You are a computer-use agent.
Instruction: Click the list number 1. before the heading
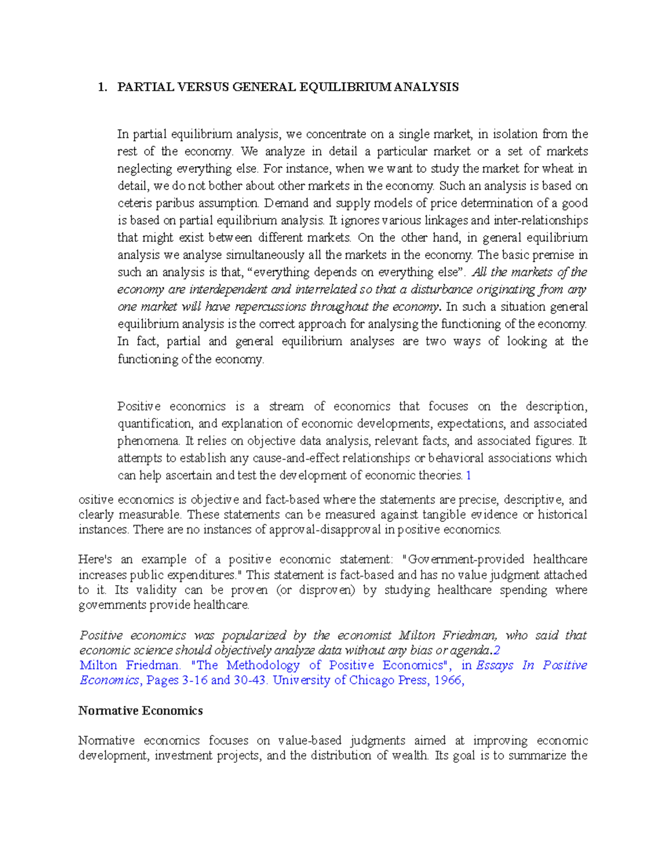pyautogui.click(x=101, y=87)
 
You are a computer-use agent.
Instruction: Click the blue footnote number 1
pyautogui.click(x=469, y=476)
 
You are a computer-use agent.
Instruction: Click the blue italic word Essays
pyautogui.click(x=495, y=666)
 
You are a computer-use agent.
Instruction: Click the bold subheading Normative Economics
pyautogui.click(x=141, y=711)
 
